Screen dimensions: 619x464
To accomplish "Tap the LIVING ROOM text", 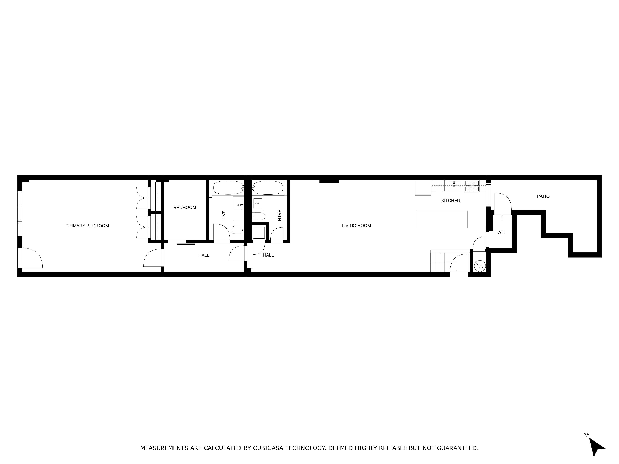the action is pos(356,226).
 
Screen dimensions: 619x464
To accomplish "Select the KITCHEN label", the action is pos(450,201).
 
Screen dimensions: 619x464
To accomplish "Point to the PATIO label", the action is pos(543,196).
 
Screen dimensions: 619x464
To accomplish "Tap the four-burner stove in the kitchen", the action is pos(472,186).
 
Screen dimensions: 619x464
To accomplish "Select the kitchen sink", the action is pos(454,186).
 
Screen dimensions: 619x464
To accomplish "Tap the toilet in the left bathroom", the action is pos(237,230).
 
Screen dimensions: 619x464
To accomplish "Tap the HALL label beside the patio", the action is pos(500,232).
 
